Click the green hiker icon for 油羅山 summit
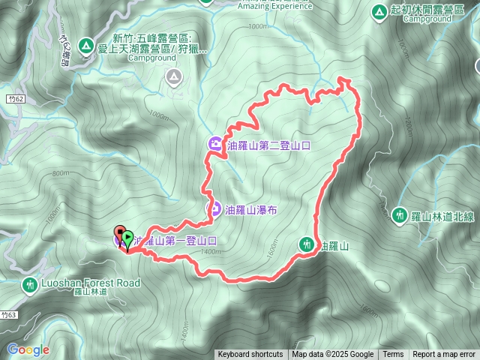click(306, 244)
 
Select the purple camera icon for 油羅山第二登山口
click(215, 144)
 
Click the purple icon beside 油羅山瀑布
click(213, 209)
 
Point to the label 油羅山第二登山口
click(269, 145)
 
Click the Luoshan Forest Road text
click(91, 283)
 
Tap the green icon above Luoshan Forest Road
click(30, 285)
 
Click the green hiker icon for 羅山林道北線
click(401, 214)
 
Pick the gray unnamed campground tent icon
click(174, 76)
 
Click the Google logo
click(28, 349)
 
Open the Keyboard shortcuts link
click(250, 355)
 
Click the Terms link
click(393, 355)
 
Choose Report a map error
click(444, 355)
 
